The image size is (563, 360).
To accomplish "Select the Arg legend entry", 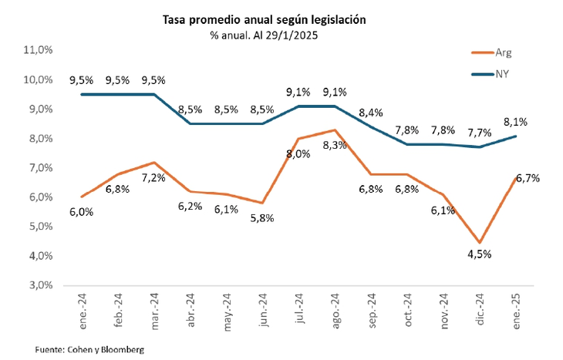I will coord(501,53).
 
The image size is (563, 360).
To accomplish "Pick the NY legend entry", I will coord(501,74).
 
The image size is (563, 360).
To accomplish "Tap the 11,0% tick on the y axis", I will coord(37,50).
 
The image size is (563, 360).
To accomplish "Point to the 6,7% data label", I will coord(527,178).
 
